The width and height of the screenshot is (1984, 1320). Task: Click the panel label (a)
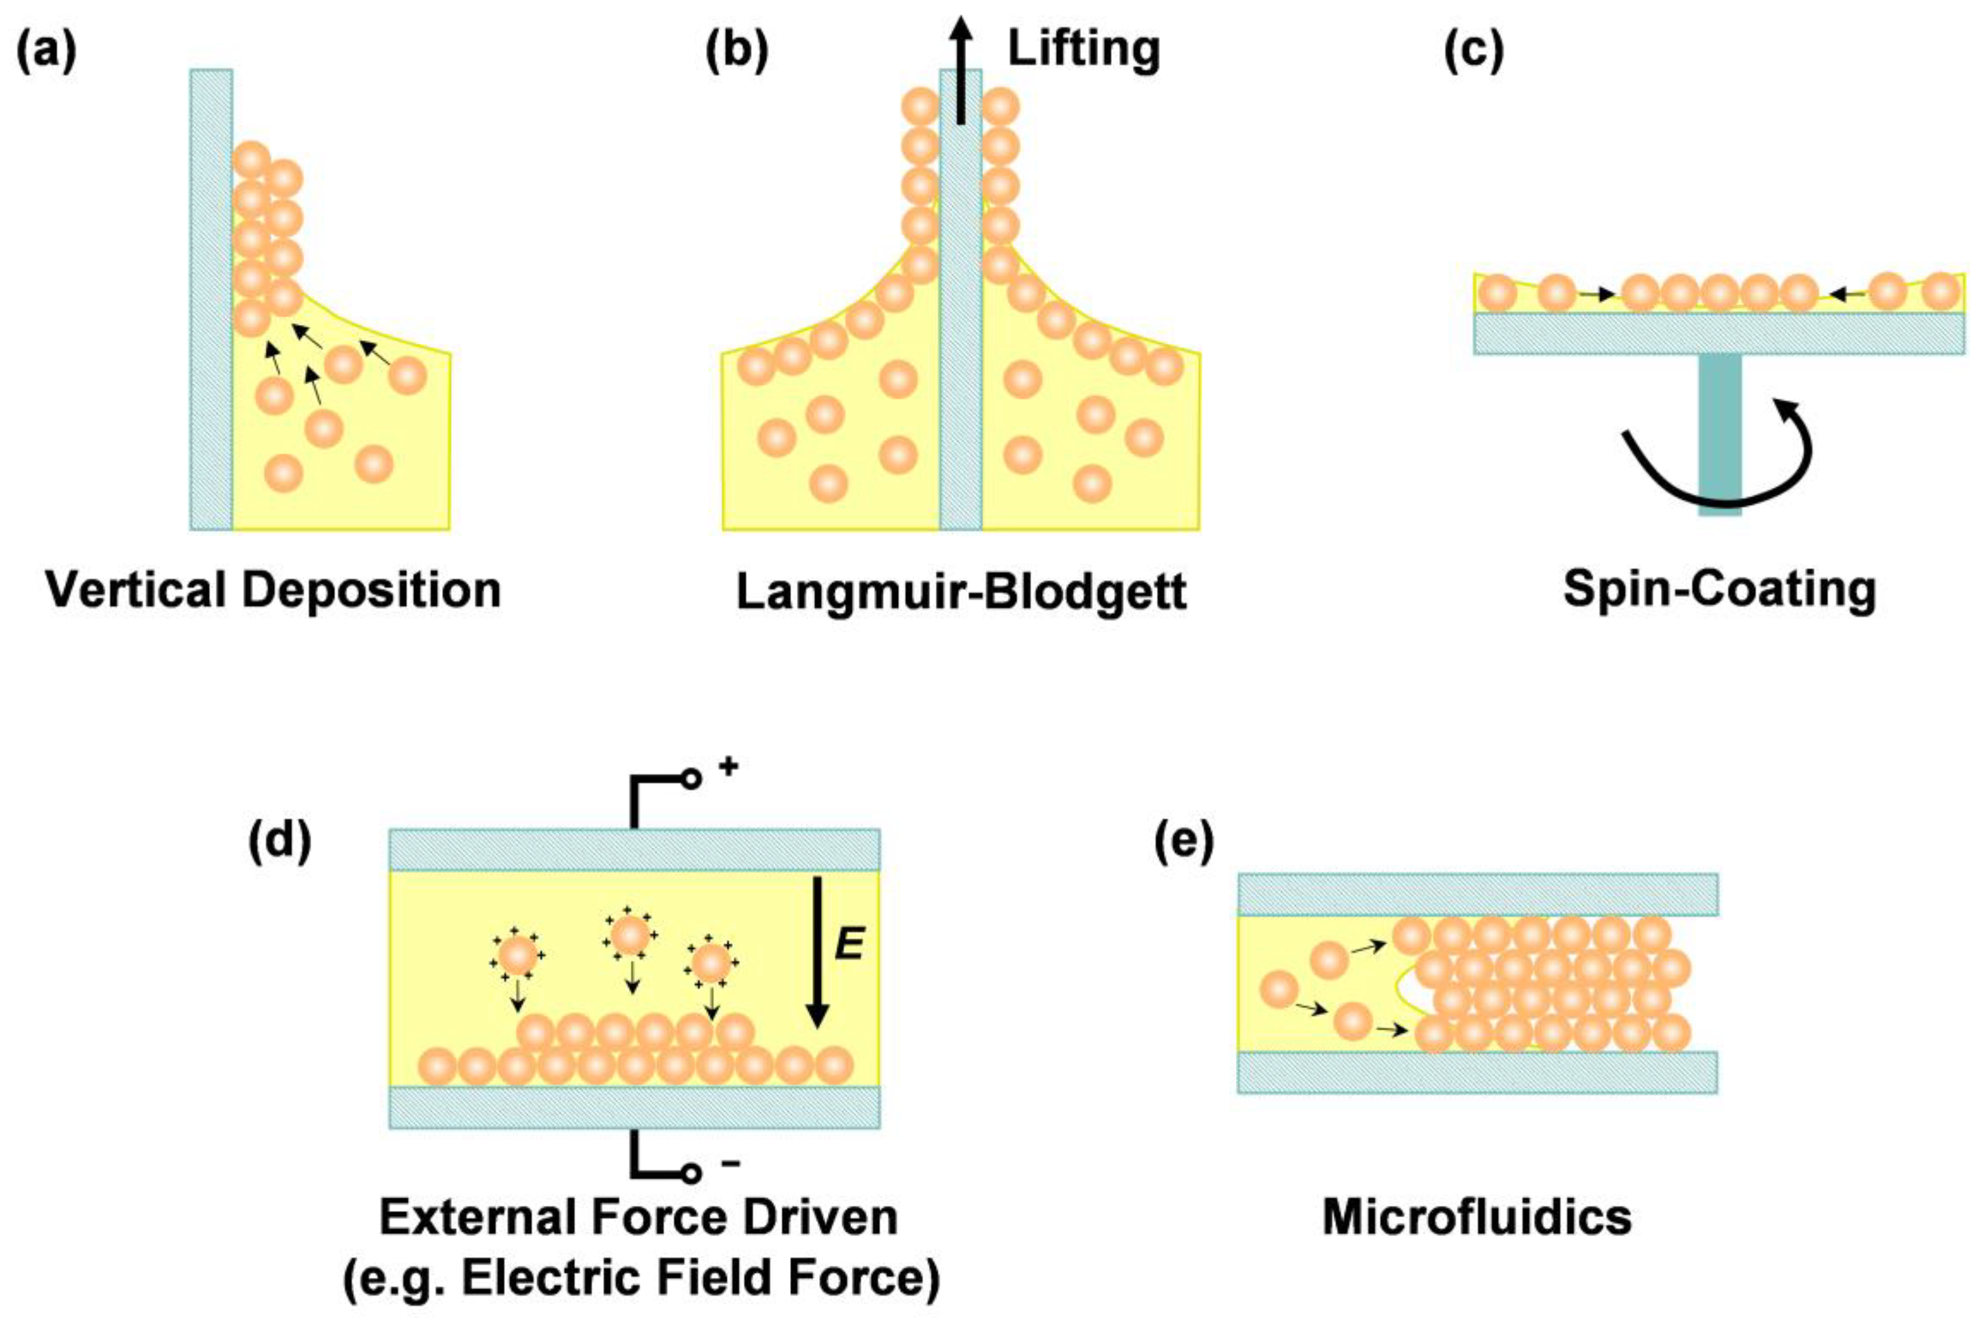46,50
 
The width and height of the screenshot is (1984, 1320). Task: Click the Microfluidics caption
1477,1217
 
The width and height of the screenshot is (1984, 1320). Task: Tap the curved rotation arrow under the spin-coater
1718,480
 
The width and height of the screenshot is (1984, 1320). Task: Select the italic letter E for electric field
849,944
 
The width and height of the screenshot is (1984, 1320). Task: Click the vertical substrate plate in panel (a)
211,299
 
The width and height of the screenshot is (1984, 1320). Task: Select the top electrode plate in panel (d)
634,850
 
